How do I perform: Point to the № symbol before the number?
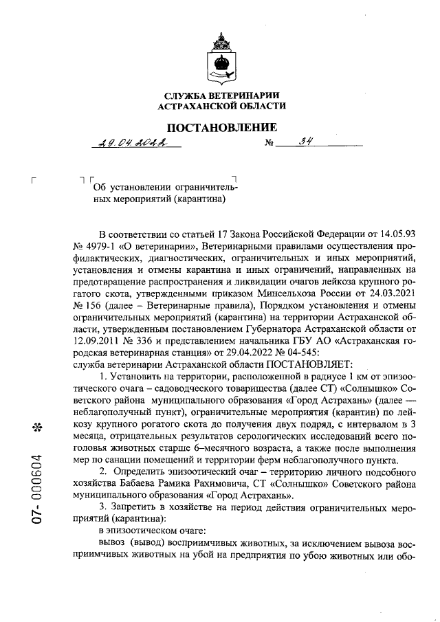[x=269, y=144]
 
